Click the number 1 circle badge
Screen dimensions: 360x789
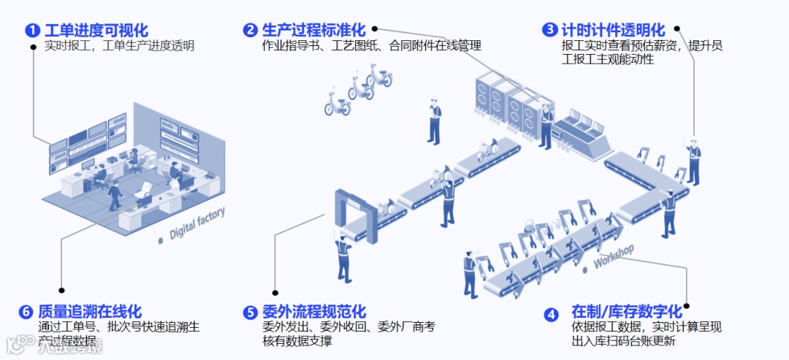coord(33,31)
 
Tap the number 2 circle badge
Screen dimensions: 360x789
coord(250,30)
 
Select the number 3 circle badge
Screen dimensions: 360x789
coord(549,30)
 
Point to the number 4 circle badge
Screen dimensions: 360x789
coord(552,315)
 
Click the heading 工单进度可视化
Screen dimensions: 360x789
coord(96,31)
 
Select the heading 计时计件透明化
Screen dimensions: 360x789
coord(613,30)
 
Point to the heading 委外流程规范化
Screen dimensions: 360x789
coord(313,313)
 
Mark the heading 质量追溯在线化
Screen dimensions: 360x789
coord(89,312)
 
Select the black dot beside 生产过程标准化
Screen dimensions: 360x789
coord(375,29)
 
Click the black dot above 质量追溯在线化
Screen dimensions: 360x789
coord(61,290)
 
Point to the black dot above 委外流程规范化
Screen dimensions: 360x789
coord(275,291)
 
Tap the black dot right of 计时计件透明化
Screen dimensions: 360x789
coord(677,29)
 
